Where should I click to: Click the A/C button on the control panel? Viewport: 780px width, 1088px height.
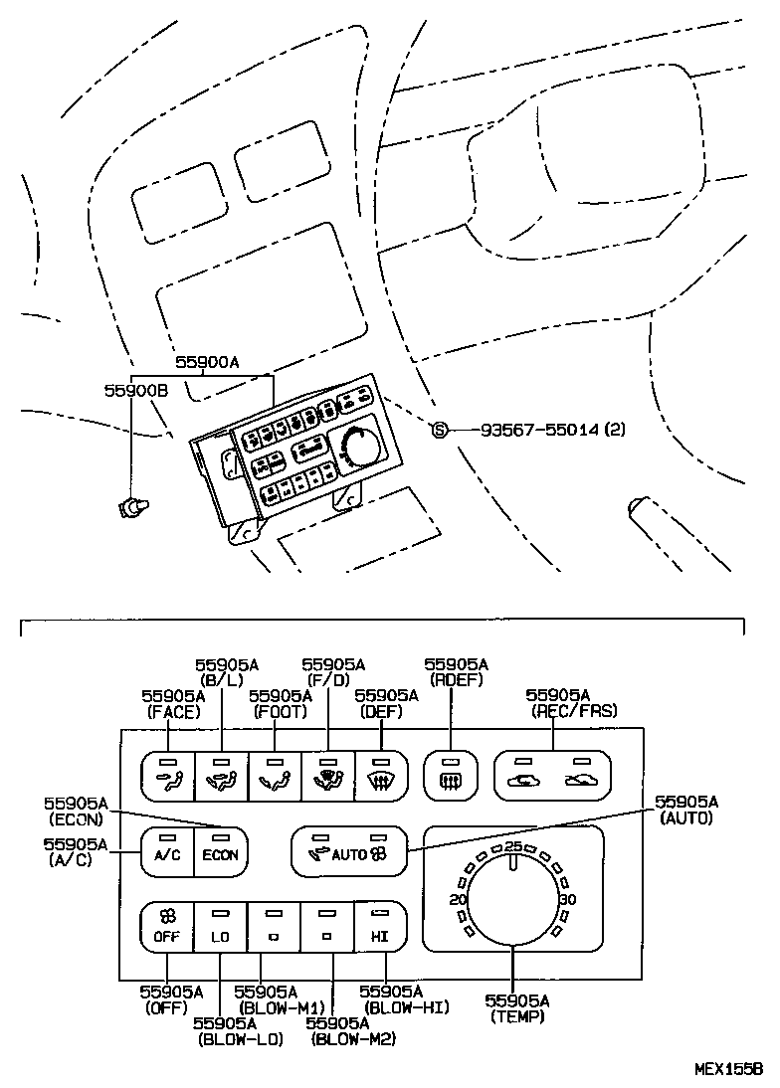pos(166,851)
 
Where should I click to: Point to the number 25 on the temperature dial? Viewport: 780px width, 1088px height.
pos(513,846)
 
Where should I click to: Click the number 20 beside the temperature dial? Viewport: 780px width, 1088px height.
pos(459,900)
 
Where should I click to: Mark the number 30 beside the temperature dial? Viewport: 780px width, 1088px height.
pos(568,900)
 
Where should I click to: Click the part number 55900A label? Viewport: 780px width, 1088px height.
pos(207,364)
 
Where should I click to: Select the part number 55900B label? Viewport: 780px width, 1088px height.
pos(135,392)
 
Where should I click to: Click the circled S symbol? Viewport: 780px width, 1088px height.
pos(440,430)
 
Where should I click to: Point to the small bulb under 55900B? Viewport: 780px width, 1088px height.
pos(129,506)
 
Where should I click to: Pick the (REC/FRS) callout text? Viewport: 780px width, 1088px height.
pos(572,710)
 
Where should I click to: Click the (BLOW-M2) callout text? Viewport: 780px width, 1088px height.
pos(352,1039)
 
